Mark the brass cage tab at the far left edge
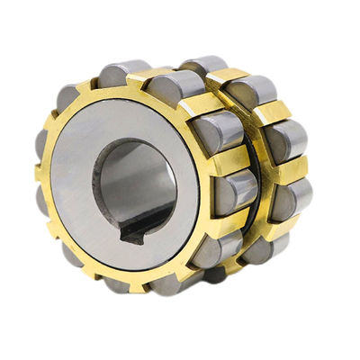(39, 171)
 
